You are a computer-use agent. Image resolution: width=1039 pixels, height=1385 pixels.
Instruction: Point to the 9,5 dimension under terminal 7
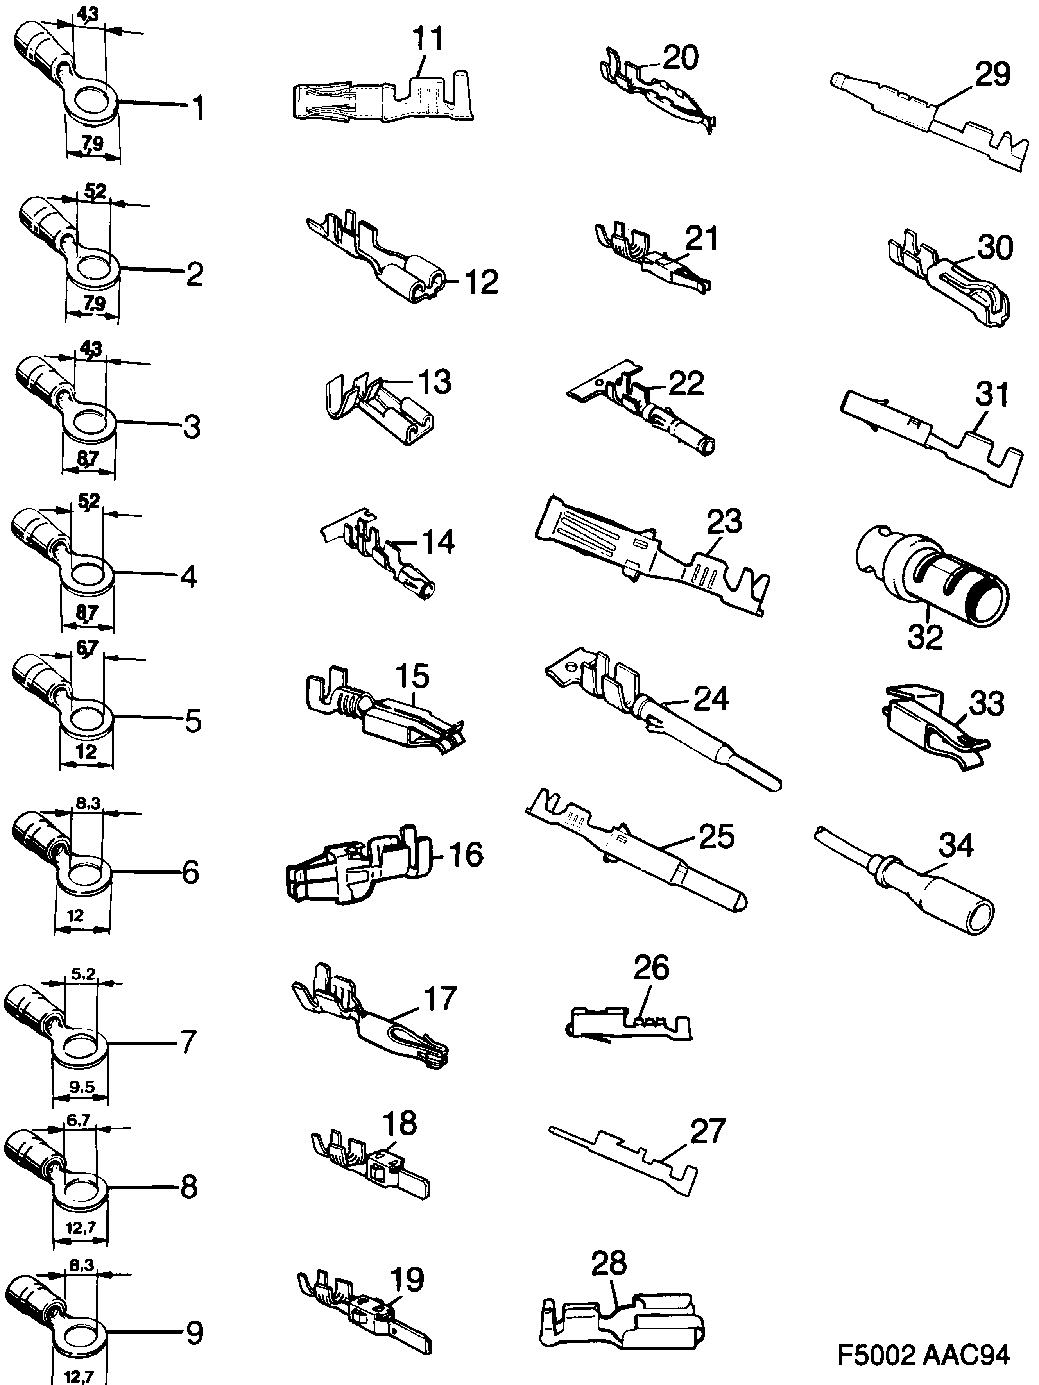pyautogui.click(x=82, y=1088)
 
